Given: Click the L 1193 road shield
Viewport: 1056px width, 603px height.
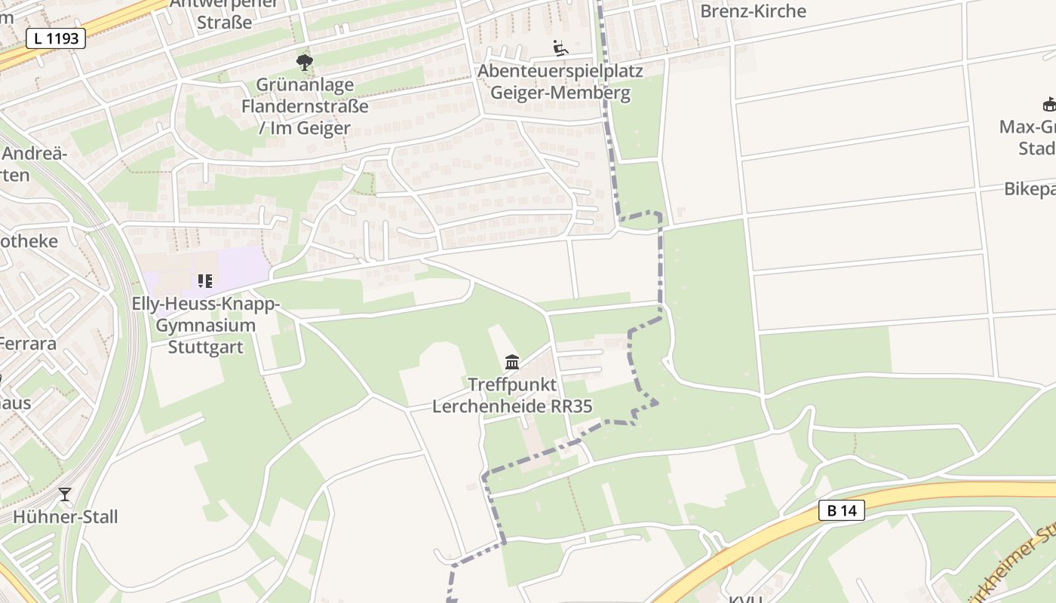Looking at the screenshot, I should click(x=56, y=38).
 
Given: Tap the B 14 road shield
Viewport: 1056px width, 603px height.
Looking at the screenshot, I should click(x=841, y=510).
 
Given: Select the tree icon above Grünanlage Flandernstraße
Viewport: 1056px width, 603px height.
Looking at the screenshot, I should click(x=305, y=62).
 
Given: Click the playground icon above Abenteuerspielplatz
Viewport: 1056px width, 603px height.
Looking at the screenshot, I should click(x=560, y=48).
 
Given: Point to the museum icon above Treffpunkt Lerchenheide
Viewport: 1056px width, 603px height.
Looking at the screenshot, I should click(x=512, y=363).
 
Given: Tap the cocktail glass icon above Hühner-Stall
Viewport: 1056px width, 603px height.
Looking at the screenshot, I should click(x=65, y=494).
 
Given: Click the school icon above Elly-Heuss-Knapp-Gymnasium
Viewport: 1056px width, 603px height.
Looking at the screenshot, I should click(x=204, y=281).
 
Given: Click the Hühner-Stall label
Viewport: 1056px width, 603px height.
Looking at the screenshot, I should click(x=66, y=517).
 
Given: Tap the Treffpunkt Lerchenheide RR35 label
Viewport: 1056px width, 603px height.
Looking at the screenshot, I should click(x=512, y=396).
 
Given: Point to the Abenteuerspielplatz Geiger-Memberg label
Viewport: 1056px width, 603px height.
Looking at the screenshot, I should click(x=560, y=82).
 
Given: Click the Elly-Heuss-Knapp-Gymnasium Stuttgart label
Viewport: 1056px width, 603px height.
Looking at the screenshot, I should click(x=206, y=326).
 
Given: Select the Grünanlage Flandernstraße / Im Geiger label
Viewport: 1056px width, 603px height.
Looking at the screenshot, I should click(x=305, y=106).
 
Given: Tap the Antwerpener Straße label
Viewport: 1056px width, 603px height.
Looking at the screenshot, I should click(x=224, y=14).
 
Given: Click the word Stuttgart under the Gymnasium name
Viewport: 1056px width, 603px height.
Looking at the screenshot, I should click(x=206, y=347).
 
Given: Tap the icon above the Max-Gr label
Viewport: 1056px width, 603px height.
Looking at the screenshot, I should click(x=1048, y=104).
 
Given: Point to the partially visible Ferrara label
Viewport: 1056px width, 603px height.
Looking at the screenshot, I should click(x=28, y=344).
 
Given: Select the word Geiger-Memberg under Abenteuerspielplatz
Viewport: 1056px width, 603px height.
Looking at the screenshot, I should click(x=560, y=93).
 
